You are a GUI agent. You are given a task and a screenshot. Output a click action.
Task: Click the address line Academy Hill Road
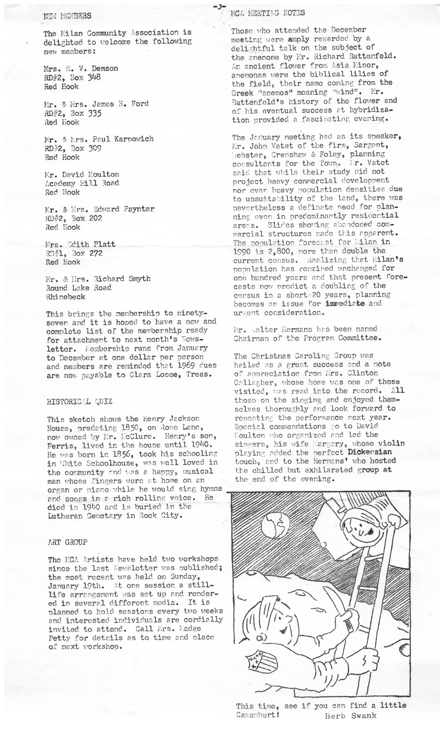click(x=82, y=183)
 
